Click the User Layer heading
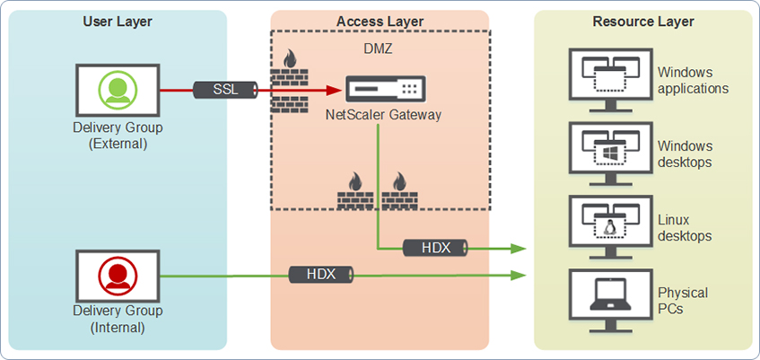(118, 22)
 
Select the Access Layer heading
(380, 22)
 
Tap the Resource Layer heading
(643, 22)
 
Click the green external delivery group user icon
(118, 90)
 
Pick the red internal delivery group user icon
(118, 275)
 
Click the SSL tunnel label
(225, 90)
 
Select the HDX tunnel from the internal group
(321, 275)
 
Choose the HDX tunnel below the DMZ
(435, 247)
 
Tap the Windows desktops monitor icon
(611, 147)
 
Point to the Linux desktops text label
(685, 228)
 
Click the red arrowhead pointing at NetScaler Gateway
(334, 90)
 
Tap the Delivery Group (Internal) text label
(118, 319)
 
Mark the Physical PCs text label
(683, 301)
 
